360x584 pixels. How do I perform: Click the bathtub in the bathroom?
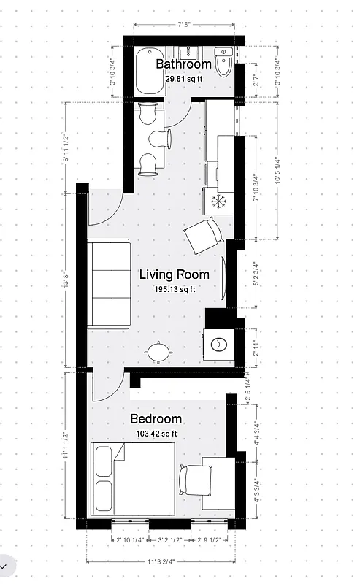(149, 71)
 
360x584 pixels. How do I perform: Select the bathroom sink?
(192, 53)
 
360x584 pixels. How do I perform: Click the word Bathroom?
(183, 64)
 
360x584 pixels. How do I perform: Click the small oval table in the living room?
(159, 353)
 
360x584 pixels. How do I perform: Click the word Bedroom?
(156, 419)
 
